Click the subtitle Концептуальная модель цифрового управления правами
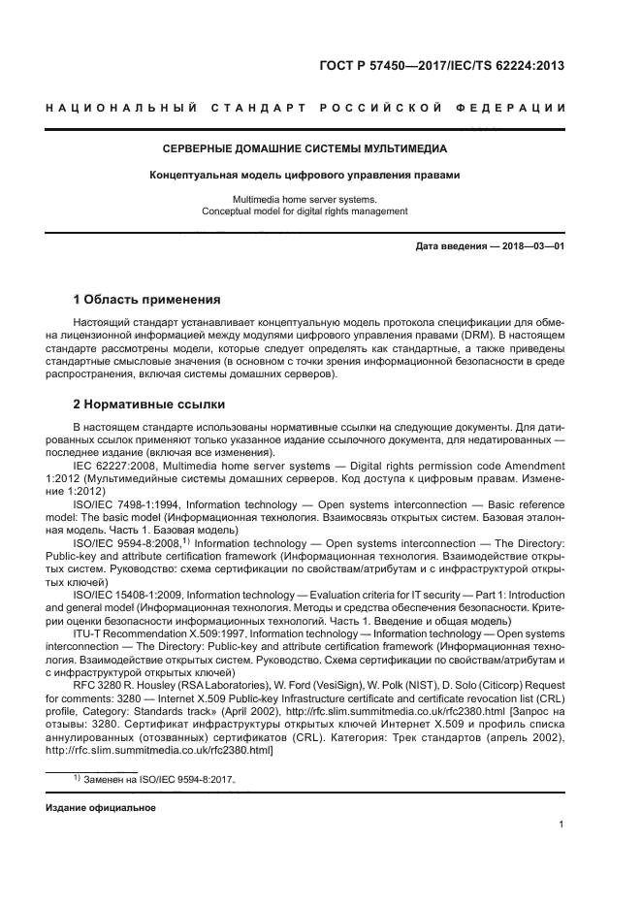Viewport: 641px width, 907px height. pos(304,176)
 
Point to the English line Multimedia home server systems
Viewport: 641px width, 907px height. pos(304,198)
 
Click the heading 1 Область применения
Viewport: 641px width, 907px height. pos(147,299)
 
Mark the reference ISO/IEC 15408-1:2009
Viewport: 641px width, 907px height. pos(127,594)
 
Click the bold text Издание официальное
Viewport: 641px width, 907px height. pos(100,807)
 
